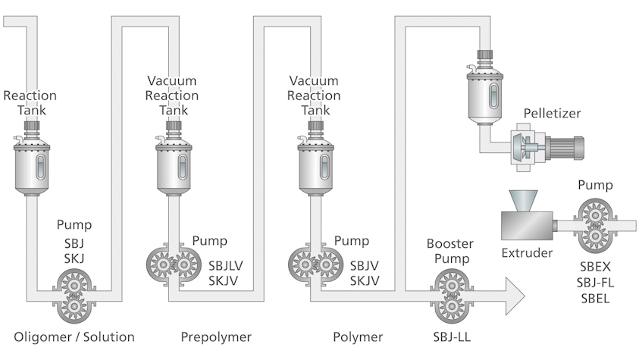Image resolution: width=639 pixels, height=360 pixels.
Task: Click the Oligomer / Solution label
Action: [x=74, y=337]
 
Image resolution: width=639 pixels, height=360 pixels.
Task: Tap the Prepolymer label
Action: [x=215, y=337]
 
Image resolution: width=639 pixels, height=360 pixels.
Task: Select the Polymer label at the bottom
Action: [x=358, y=337]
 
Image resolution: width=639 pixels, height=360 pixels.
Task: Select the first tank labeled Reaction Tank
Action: [x=30, y=164]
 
